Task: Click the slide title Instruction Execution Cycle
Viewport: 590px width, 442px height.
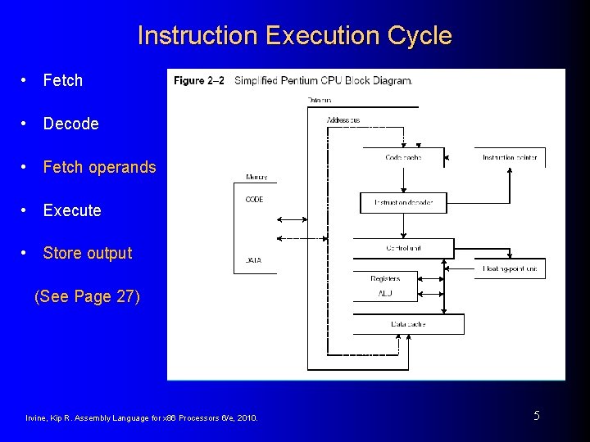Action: point(294,36)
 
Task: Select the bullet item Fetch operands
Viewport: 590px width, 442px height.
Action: point(99,167)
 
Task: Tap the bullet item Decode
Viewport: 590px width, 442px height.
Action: point(70,124)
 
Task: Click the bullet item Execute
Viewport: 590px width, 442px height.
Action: point(72,210)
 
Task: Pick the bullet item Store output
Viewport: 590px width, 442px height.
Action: point(87,253)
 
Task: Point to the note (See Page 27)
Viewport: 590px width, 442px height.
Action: point(87,296)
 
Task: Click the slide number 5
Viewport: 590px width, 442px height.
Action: point(537,416)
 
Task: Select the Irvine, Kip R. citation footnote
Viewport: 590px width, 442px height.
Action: point(142,418)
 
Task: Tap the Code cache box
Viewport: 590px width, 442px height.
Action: point(403,157)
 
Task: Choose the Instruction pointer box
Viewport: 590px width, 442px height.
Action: point(510,157)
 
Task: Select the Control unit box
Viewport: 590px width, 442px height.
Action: point(403,247)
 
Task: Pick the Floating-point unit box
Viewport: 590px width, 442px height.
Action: point(510,268)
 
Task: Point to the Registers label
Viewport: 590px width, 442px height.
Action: point(385,279)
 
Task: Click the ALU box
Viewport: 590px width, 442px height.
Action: point(385,293)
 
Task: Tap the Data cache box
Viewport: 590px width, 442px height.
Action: point(407,324)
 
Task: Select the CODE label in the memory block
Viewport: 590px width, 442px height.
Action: point(254,200)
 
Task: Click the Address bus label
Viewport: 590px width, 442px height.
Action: point(343,120)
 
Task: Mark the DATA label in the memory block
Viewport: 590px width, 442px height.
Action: point(254,260)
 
